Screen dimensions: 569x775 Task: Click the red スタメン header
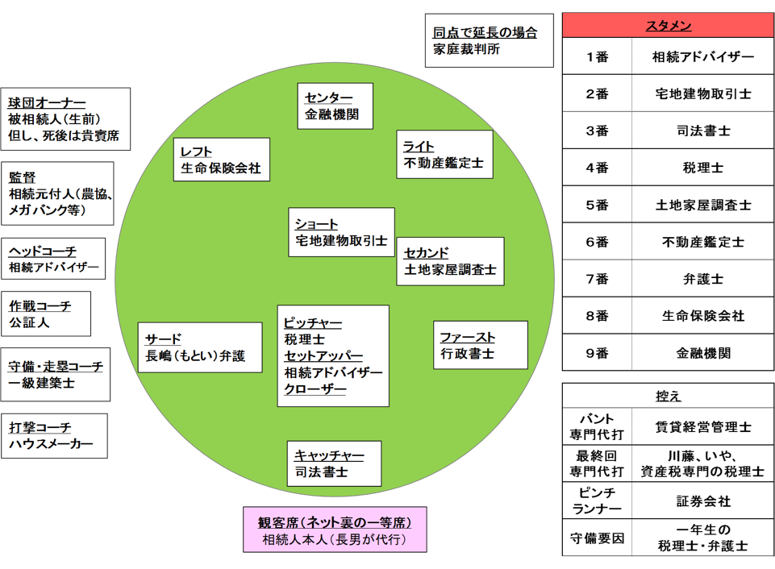pyautogui.click(x=669, y=26)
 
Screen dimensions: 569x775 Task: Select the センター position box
pyautogui.click(x=335, y=106)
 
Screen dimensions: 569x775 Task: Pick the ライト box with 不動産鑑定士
pyautogui.click(x=444, y=154)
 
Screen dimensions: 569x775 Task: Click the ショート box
pyautogui.click(x=341, y=232)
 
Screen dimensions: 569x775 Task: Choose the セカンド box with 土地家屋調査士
pyautogui.click(x=451, y=261)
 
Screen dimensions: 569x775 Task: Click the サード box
pyautogui.click(x=201, y=347)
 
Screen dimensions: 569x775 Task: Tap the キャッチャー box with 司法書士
pyautogui.click(x=334, y=463)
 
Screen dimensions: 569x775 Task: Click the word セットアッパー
pyautogui.click(x=323, y=356)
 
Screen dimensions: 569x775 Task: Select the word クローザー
pyautogui.click(x=315, y=390)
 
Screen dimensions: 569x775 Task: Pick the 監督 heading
pyautogui.click(x=23, y=177)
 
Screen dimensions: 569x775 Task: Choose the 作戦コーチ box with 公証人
pyautogui.click(x=45, y=314)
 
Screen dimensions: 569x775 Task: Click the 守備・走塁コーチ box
pyautogui.click(x=56, y=375)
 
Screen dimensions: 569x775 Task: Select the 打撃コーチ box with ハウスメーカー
pyautogui.click(x=54, y=436)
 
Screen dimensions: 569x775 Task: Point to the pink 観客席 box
pyautogui.click(x=335, y=530)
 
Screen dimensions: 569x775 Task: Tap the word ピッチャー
pyautogui.click(x=313, y=323)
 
